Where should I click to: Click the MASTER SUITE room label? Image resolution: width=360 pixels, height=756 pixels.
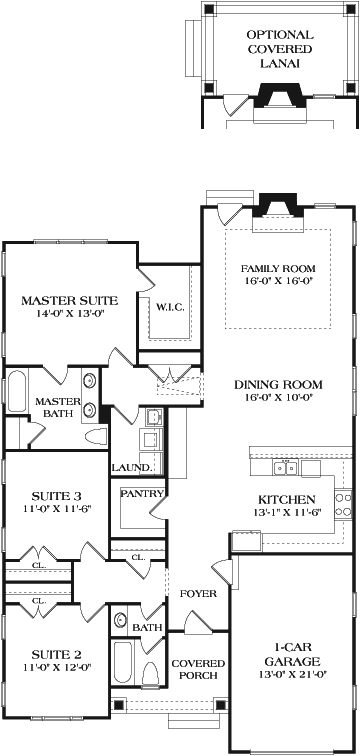(70, 300)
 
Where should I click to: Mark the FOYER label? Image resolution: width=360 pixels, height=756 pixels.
(197, 594)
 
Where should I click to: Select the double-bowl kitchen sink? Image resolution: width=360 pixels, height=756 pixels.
(287, 468)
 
